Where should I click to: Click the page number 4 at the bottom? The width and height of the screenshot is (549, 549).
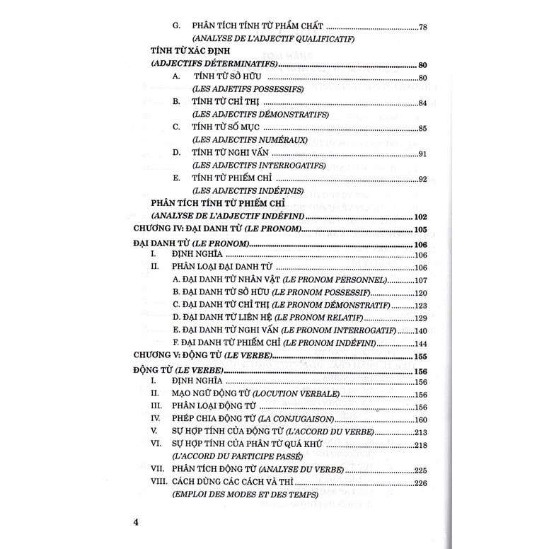(138, 524)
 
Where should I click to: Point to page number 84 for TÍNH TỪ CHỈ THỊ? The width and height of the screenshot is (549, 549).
(423, 104)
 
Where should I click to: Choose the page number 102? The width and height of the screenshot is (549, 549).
(422, 216)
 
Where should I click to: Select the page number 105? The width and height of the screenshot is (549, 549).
(422, 230)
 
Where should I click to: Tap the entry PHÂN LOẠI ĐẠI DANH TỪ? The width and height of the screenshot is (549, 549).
(222, 268)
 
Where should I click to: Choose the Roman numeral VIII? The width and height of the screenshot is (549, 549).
(157, 482)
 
